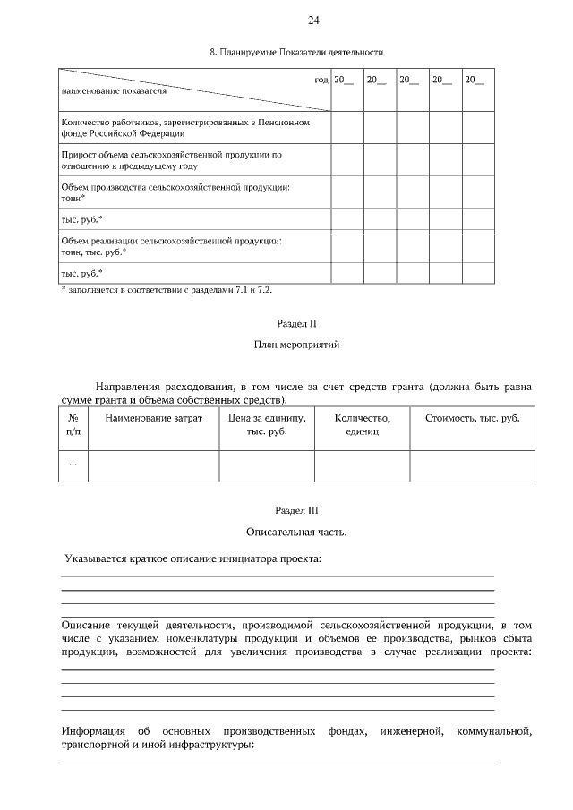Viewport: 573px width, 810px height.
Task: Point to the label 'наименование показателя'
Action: [x=114, y=91]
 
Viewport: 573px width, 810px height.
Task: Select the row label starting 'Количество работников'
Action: [x=185, y=128]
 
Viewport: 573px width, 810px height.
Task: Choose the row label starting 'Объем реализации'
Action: [x=171, y=246]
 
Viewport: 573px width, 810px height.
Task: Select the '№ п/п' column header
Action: [x=73, y=424]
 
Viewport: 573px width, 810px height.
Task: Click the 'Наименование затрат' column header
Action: [x=153, y=418]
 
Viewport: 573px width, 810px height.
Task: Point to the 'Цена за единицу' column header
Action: [x=267, y=424]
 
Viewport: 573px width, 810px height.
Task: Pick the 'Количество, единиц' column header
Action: [x=362, y=424]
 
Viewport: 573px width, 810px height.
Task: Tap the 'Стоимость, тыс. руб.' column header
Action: [x=472, y=418]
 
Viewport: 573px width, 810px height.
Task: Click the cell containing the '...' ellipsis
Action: [x=73, y=464]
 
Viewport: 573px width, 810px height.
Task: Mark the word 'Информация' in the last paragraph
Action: [x=93, y=731]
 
